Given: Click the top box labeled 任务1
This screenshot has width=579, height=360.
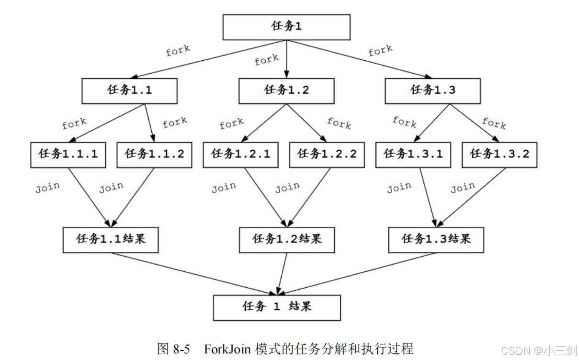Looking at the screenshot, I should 286,27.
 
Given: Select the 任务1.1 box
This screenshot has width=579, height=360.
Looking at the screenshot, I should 130,90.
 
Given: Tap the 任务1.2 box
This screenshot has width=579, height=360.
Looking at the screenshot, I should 286,90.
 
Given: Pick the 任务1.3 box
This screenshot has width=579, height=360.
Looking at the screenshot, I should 433,90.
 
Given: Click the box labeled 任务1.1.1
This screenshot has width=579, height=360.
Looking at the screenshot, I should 68,154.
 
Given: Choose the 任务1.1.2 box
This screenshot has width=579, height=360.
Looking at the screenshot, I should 154,154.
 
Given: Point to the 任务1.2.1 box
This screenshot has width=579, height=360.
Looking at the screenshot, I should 240,154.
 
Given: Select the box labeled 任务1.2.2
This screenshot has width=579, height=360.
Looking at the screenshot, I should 327,154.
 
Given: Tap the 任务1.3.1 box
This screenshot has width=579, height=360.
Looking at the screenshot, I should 413,154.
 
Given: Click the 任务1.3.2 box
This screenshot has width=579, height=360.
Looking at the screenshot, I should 499,154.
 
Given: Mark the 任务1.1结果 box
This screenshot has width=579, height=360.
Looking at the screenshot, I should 111,239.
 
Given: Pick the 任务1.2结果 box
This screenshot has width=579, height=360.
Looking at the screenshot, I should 287,239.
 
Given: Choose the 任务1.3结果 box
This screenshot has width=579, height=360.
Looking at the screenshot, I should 436,239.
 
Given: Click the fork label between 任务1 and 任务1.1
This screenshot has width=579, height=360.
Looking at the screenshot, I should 178,51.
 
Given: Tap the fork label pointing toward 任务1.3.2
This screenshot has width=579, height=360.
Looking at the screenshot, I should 494,123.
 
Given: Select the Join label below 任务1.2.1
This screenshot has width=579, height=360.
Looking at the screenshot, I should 224,187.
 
